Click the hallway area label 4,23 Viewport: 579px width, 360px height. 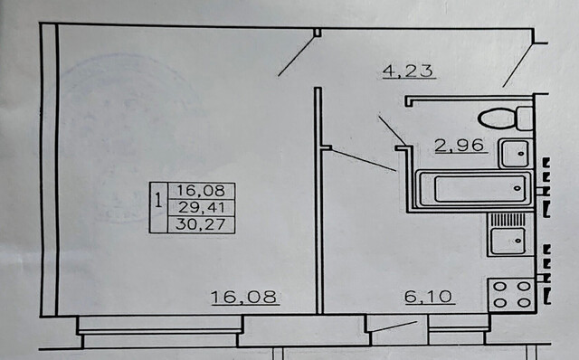pos(408,71)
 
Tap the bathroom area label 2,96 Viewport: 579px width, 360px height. pos(459,145)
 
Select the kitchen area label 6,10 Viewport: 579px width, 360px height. pos(428,296)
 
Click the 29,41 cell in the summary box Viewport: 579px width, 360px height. pos(202,207)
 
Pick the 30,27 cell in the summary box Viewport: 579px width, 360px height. pos(201,224)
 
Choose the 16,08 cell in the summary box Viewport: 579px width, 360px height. pos(201,191)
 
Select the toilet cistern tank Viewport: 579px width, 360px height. pos(525,118)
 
